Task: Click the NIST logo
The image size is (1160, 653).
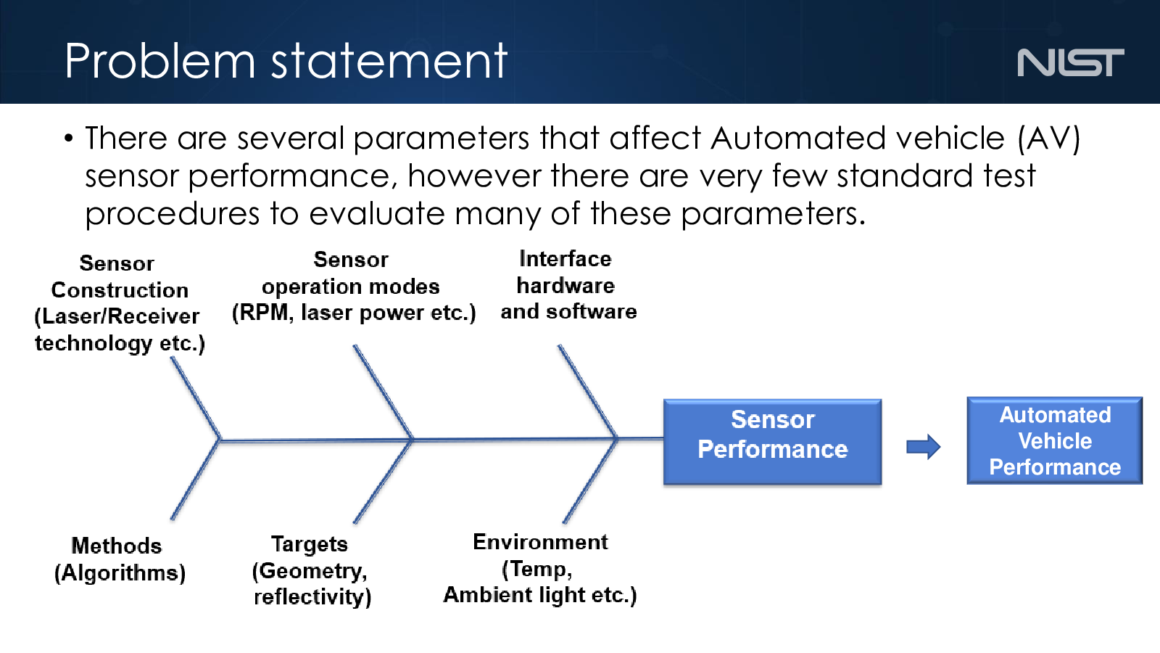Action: tap(1070, 62)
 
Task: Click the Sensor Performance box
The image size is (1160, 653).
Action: tap(772, 442)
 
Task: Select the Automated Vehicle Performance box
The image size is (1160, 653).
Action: tap(1054, 441)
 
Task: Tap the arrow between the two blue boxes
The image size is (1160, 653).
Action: tap(924, 447)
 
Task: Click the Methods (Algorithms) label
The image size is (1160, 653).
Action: tap(120, 559)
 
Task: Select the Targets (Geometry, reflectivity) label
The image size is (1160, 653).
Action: tap(312, 570)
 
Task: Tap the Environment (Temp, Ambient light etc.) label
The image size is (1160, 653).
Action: tap(540, 569)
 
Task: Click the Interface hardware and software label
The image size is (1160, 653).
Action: tap(568, 285)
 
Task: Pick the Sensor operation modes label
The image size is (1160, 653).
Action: tap(353, 287)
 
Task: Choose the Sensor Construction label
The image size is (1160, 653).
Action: tap(120, 304)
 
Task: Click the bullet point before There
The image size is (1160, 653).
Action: tap(68, 139)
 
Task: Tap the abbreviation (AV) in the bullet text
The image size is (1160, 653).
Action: tap(1048, 139)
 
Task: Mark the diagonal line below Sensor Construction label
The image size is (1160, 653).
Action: tap(196, 398)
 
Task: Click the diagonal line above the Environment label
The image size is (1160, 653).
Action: tap(590, 481)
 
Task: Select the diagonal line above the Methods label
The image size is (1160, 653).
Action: tap(196, 480)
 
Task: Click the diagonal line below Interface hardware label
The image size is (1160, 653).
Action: tap(588, 392)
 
